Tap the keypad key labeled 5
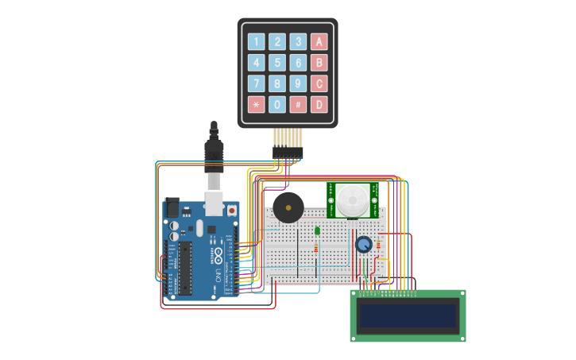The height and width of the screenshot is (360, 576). pos(277,63)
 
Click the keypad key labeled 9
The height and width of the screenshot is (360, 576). pos(298,83)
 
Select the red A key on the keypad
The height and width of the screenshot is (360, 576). pos(319,42)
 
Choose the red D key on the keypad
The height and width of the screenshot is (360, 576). pos(319,104)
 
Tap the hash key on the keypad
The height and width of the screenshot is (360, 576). pos(298,104)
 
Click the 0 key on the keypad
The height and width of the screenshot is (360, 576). pos(277,104)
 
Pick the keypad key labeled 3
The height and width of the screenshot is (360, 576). pos(298,42)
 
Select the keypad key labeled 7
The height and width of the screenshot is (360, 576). pos(256,83)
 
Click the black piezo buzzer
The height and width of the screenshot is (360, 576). pos(287,208)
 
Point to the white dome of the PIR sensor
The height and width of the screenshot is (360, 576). pos(351,199)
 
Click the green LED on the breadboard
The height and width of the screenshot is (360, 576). pos(317,231)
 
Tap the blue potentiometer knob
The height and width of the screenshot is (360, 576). pos(364,245)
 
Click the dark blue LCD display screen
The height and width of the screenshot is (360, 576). pos(408,315)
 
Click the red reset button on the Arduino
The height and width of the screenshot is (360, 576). pos(232,211)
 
